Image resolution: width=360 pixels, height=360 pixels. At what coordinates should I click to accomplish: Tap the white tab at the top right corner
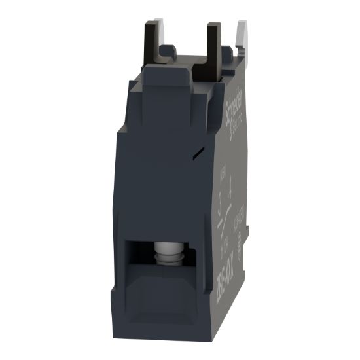(x=240, y=32)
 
